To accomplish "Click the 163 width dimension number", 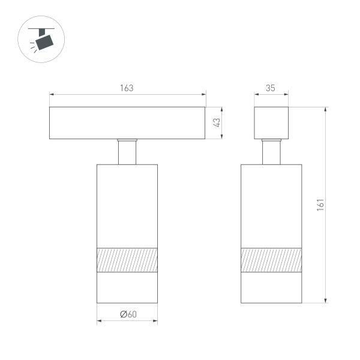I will coord(127,88).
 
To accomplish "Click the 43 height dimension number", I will coord(218,123).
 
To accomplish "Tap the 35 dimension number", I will coord(271,88).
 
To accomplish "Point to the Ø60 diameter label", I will coord(127,314).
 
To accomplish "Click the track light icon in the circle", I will coord(43,40).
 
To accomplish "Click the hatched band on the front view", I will coord(127,259).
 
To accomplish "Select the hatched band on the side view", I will coord(271,259).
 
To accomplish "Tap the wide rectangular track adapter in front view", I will coord(127,123).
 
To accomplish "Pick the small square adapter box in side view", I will coord(271,123).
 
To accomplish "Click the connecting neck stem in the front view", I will coord(127,152).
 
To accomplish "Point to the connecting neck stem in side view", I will coord(271,152).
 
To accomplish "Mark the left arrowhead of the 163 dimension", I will coord(52,94).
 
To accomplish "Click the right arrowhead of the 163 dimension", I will coord(203,94).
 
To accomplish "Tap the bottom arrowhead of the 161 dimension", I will coord(326,301).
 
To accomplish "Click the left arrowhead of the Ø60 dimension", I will coord(99,322).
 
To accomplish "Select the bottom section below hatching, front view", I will coord(127,287).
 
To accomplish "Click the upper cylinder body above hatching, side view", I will coord(271,204).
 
